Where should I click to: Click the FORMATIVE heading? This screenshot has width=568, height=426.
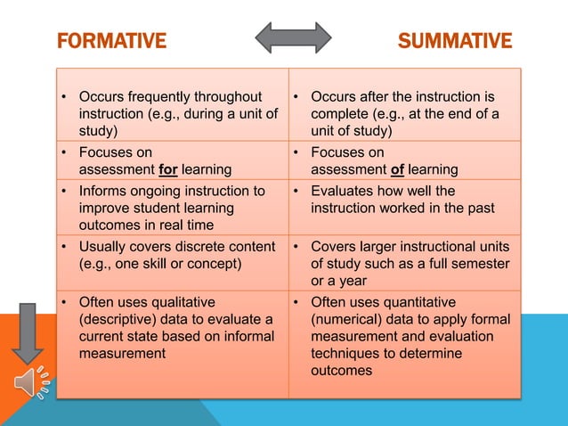click(111, 41)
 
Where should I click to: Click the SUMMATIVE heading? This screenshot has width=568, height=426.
click(454, 41)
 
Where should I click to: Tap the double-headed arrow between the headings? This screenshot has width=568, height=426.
click(293, 37)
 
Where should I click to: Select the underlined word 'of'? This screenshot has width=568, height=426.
click(397, 169)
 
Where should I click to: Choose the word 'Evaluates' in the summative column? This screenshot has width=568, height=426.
click(344, 191)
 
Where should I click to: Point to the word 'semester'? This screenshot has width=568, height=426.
click(482, 263)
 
